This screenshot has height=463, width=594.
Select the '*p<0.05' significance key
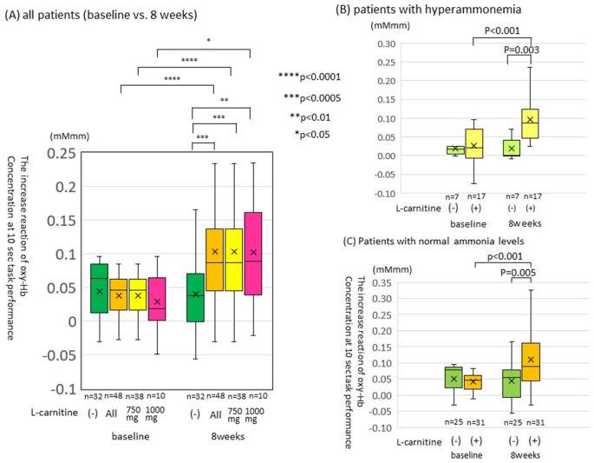(x=313, y=134)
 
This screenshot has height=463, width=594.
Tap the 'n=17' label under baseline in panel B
(x=473, y=197)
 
